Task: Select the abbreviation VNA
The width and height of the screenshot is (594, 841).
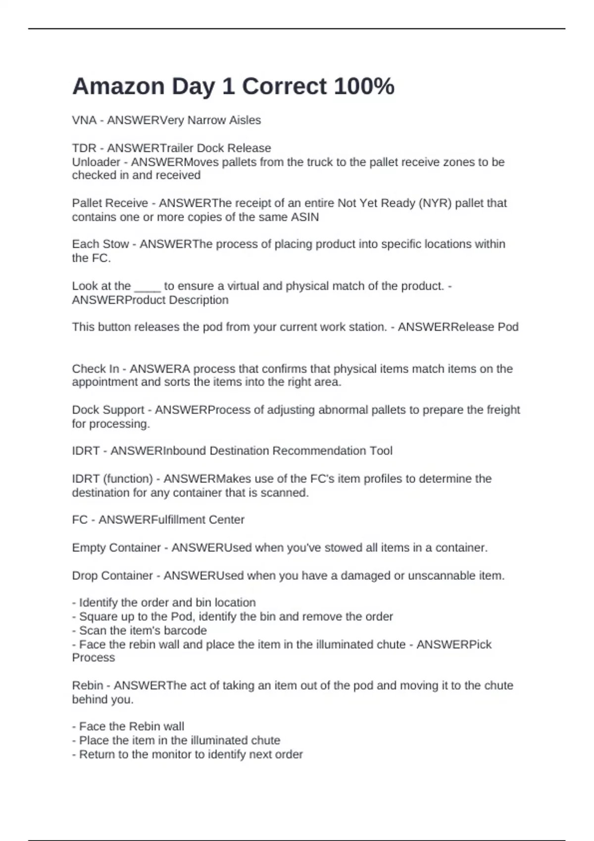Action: coord(84,120)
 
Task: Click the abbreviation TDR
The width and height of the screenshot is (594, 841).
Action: coord(84,148)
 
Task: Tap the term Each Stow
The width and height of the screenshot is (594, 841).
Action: coord(100,244)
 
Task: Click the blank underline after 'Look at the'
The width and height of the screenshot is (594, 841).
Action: coord(148,287)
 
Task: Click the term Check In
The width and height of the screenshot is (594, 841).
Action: coord(96,369)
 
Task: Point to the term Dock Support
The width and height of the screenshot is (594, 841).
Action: coord(108,410)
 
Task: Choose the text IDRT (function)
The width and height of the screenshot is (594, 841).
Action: coord(112,478)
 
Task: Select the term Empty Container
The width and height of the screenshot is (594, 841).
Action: coord(116,548)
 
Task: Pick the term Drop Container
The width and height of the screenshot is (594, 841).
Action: coord(112,575)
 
